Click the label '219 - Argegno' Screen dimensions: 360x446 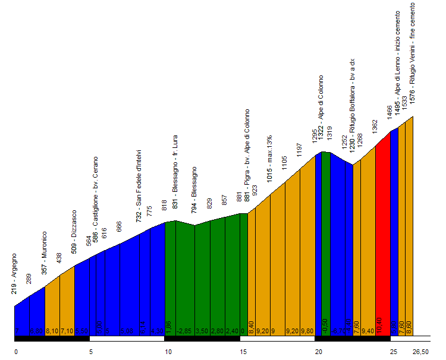pyautogui.click(x=14, y=274)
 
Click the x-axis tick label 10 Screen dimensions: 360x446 pyautogui.click(x=168, y=351)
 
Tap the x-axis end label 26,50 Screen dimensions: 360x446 pyautogui.click(x=420, y=351)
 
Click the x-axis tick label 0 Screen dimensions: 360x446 pyautogui.click(x=16, y=351)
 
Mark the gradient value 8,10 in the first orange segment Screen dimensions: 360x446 pyautogui.click(x=52, y=331)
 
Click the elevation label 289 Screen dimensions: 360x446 pyautogui.click(x=29, y=279)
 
